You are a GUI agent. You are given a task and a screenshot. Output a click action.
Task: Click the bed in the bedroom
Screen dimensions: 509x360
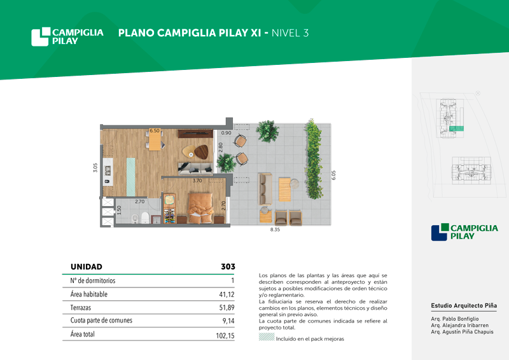pyautogui.click(x=201, y=208)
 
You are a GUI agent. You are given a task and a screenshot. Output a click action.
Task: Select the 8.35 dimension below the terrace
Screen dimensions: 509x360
pyautogui.click(x=275, y=230)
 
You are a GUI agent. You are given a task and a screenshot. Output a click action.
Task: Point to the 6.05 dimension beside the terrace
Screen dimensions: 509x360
pyautogui.click(x=333, y=175)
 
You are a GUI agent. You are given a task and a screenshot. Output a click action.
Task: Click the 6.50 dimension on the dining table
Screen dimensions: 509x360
pyautogui.click(x=155, y=131)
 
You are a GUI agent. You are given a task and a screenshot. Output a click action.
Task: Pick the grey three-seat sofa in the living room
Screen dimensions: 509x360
pyautogui.click(x=195, y=169)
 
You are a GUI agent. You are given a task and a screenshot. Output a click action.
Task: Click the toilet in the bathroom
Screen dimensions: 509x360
pyautogui.click(x=145, y=218)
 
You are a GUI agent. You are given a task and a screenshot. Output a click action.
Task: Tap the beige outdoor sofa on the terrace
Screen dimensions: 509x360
pyautogui.click(x=265, y=190)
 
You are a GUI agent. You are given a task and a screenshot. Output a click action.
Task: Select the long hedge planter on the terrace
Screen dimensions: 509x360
pyautogui.click(x=313, y=159)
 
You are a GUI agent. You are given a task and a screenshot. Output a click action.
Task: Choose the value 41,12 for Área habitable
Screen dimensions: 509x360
pyautogui.click(x=227, y=294)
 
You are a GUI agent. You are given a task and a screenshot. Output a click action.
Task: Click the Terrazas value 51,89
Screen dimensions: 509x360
pyautogui.click(x=227, y=307)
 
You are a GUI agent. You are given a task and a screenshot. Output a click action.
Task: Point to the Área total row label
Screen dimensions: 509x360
pyautogui.click(x=83, y=334)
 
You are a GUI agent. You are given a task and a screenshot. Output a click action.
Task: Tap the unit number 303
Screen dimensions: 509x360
pyautogui.click(x=228, y=267)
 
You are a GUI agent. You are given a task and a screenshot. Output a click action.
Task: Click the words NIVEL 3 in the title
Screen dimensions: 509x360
pyautogui.click(x=290, y=33)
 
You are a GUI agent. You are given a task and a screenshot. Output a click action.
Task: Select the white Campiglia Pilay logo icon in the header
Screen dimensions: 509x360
pyautogui.click(x=41, y=37)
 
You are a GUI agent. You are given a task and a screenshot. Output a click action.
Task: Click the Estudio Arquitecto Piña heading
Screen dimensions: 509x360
pyautogui.click(x=464, y=305)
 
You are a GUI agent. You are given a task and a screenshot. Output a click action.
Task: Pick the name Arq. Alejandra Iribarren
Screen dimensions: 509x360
pyautogui.click(x=459, y=325)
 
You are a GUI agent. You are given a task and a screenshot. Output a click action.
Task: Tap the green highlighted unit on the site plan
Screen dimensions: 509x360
pyautogui.click(x=456, y=129)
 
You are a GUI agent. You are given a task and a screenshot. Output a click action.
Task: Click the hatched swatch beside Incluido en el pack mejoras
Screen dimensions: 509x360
pyautogui.click(x=267, y=337)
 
